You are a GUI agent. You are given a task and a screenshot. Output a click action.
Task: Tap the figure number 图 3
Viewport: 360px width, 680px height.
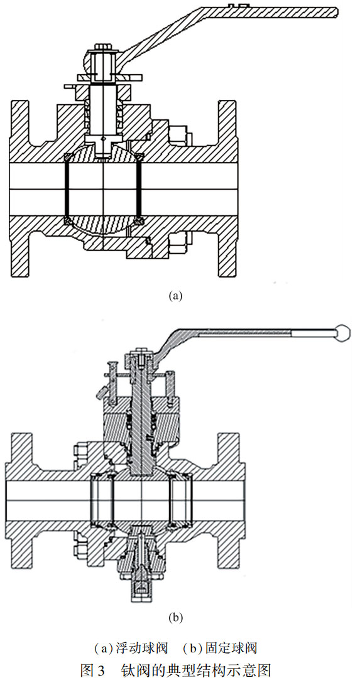(92, 668)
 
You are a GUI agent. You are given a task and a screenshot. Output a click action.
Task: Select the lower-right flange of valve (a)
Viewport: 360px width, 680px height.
(227, 254)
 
